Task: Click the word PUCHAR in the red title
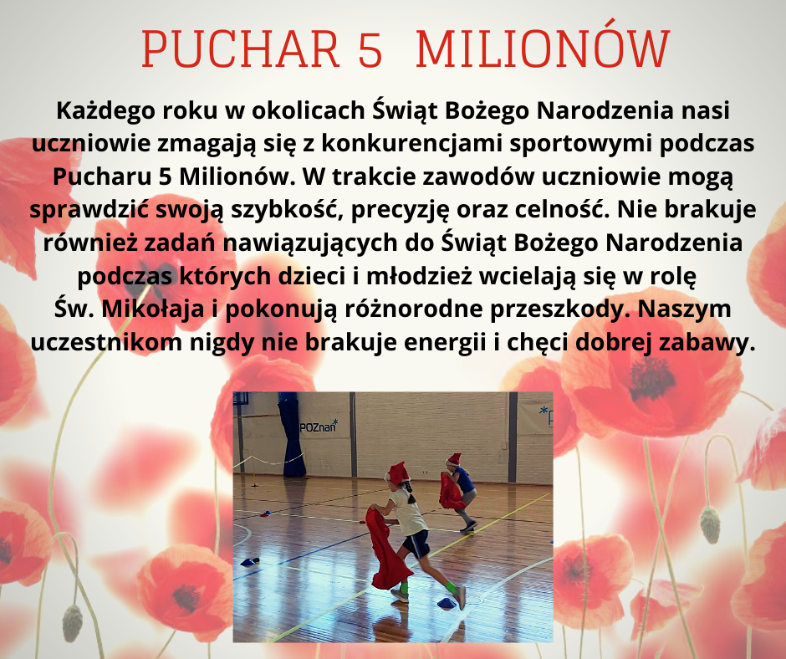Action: click(241, 49)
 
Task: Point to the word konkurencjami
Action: click(411, 144)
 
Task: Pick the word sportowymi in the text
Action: click(580, 145)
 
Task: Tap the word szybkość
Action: click(287, 211)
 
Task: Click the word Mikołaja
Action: click(153, 309)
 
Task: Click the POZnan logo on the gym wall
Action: click(319, 427)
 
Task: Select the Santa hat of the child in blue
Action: click(453, 459)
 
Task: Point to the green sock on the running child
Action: click(452, 587)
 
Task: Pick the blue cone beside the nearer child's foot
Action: click(447, 603)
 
